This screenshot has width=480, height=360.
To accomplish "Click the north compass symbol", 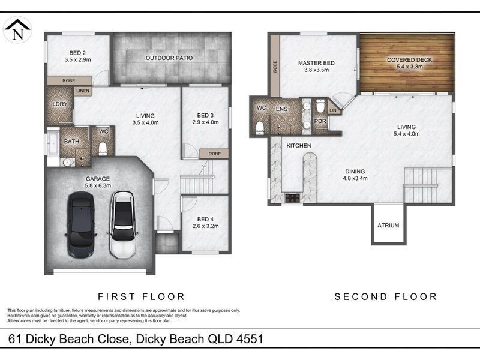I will click(x=17, y=29).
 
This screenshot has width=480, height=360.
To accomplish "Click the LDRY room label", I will click(x=60, y=103).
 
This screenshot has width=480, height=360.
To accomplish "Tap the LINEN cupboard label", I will click(x=82, y=91).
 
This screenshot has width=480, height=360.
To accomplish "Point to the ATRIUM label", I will click(x=388, y=226).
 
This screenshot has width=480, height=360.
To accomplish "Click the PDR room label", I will click(x=320, y=121).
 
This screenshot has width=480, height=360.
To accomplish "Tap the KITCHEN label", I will click(x=298, y=146).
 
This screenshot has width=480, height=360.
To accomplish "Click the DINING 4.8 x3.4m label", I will click(x=355, y=174).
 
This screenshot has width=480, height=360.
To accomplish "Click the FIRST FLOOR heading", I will click(x=141, y=296).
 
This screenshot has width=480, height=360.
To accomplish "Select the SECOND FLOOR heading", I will click(x=386, y=296).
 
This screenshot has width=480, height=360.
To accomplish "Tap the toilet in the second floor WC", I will click(x=260, y=127).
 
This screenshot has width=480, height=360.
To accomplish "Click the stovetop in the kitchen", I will click(x=292, y=197).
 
